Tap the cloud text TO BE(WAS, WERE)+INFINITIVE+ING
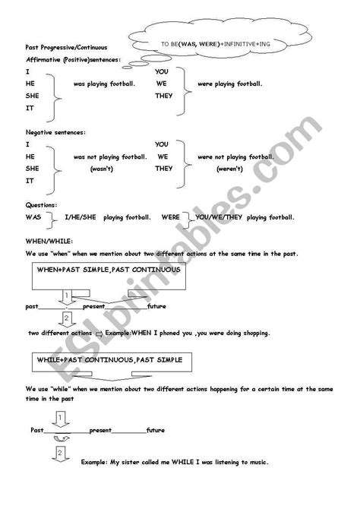click(x=215, y=45)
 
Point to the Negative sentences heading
click(x=56, y=132)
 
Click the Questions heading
click(x=40, y=205)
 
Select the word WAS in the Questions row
click(x=33, y=217)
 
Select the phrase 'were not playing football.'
click(x=231, y=156)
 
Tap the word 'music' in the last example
click(x=255, y=462)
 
